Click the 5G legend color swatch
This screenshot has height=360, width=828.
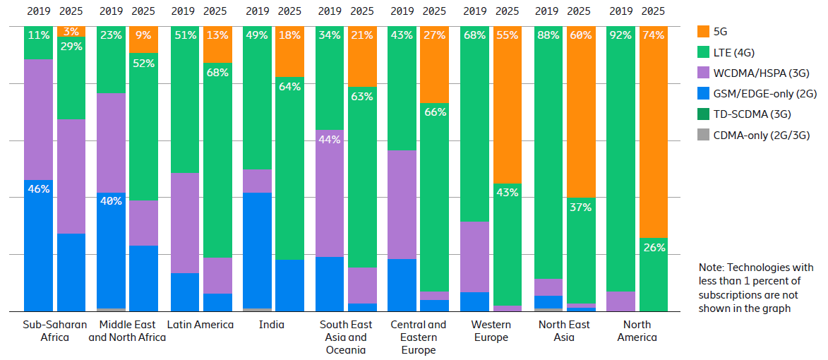[702, 32]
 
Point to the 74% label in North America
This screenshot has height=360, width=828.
[653, 35]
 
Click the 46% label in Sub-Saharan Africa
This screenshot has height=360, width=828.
[38, 189]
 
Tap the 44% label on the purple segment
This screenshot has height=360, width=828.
[330, 140]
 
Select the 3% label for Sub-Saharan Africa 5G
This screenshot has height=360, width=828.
[71, 32]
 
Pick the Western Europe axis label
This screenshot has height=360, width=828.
[491, 331]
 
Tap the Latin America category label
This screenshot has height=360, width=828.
[200, 325]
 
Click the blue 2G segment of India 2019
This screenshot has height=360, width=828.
[257, 251]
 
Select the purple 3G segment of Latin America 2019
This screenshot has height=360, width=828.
[184, 222]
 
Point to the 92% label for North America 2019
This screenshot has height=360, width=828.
[620, 35]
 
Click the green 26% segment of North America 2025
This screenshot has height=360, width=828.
[653, 275]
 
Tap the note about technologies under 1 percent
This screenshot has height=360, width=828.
[756, 288]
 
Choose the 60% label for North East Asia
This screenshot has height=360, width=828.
[580, 35]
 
